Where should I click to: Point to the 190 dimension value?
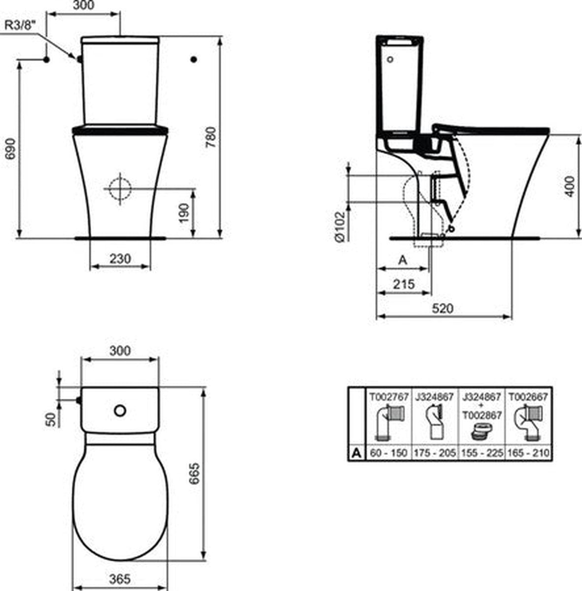[x=184, y=213]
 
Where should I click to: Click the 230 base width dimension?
[x=120, y=258]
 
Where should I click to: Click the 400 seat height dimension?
[x=570, y=186]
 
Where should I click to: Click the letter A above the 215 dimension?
[x=402, y=260]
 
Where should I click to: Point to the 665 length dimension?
[x=195, y=472]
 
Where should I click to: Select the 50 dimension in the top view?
[x=51, y=420]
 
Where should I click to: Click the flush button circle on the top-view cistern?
[x=120, y=410]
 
